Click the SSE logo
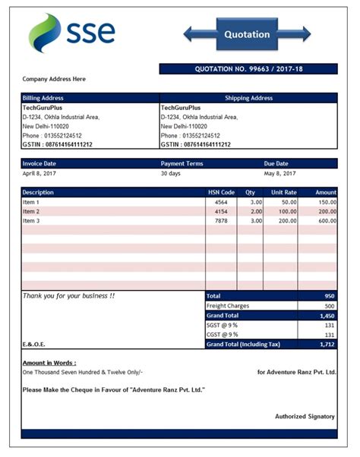(x=72, y=31)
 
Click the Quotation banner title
(x=247, y=34)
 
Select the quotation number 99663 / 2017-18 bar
(x=248, y=69)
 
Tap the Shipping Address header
(x=248, y=98)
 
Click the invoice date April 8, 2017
(x=39, y=173)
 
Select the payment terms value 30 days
(x=172, y=173)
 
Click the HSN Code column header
(x=222, y=192)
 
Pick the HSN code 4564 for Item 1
(x=221, y=202)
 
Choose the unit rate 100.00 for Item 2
(x=287, y=211)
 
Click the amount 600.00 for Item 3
(x=327, y=220)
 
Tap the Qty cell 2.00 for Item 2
(x=256, y=211)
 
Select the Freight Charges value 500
(x=329, y=305)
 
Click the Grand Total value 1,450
(x=327, y=315)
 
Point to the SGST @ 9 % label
(x=223, y=324)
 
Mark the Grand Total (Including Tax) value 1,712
(x=327, y=344)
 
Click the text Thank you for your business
(x=69, y=295)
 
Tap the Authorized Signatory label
(x=305, y=416)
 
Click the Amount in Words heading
(x=49, y=363)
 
